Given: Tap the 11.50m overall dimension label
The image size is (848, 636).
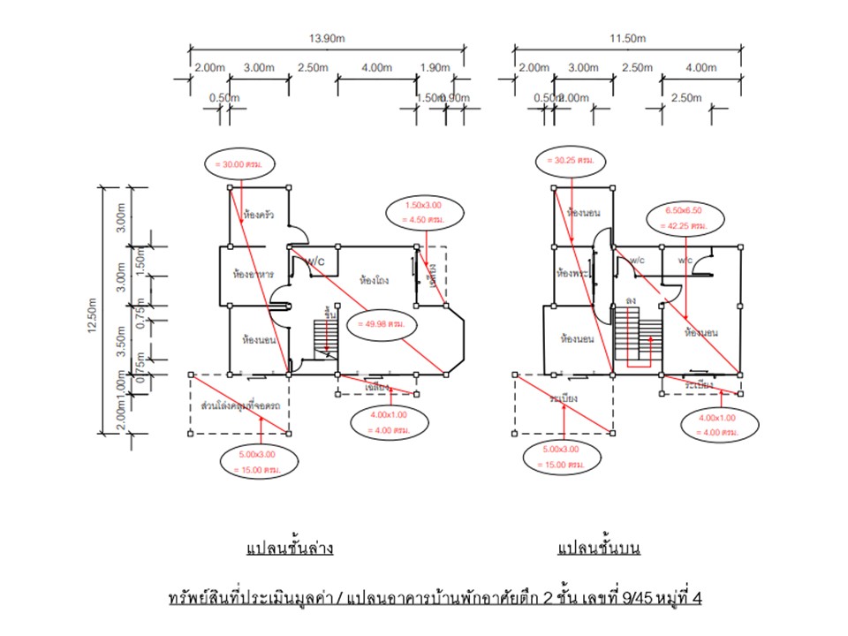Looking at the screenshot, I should coord(628,39).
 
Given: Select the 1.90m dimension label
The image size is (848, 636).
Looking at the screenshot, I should coord(435,68).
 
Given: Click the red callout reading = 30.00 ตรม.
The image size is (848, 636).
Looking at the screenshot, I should coord(238,164).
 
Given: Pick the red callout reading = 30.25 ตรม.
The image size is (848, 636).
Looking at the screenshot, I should coord(573,161).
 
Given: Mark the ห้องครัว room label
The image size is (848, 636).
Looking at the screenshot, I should coord(258,214).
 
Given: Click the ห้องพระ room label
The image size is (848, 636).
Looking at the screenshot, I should coord(573,275).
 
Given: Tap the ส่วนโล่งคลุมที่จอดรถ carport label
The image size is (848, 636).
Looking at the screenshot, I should coord(238,405).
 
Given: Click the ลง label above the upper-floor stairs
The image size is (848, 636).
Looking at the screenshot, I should coord(631,301).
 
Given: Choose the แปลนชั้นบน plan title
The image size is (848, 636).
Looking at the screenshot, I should coord(598,549).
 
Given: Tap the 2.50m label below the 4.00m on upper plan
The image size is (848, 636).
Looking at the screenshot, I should coord(685,97).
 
